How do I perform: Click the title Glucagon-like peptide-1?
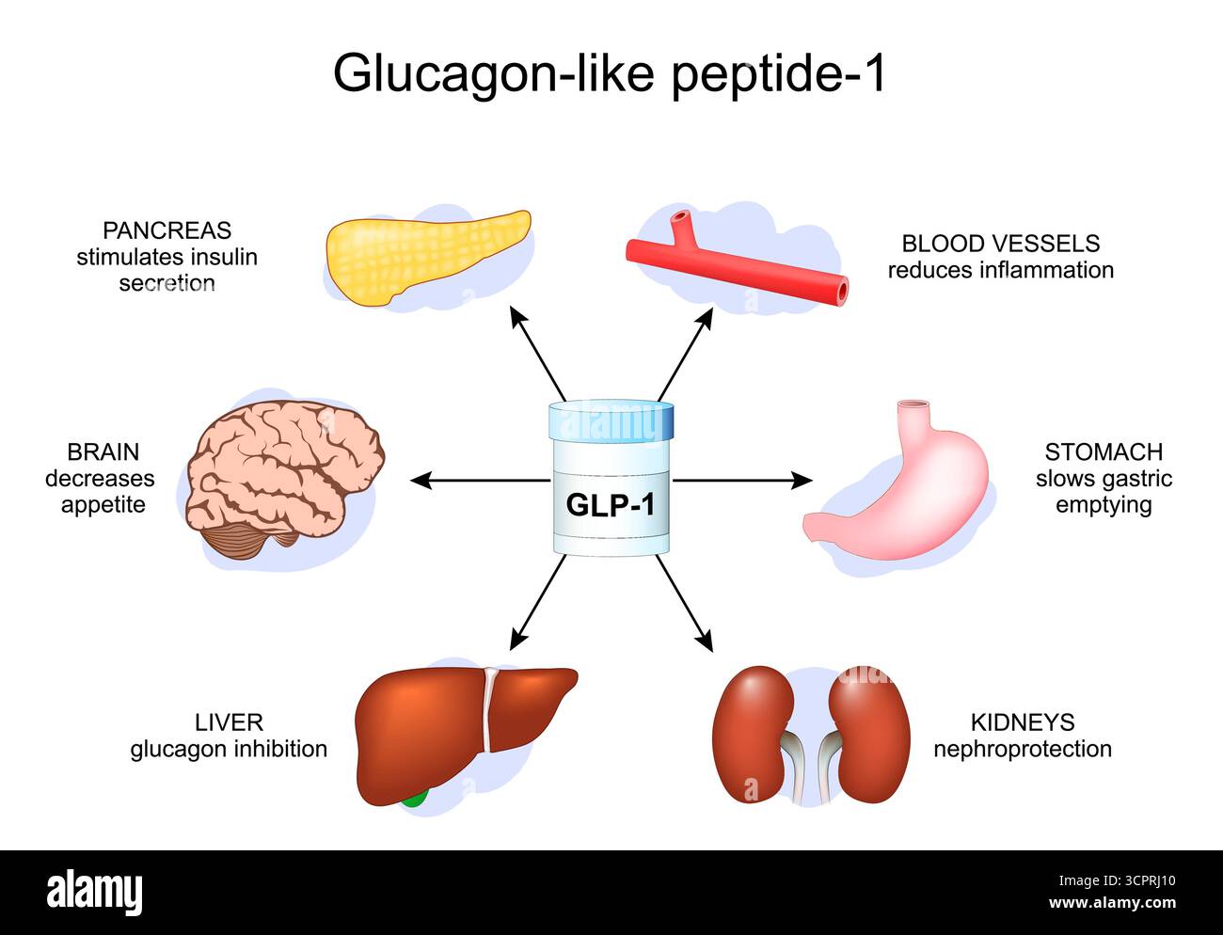(610, 72)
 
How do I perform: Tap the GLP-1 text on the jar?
(610, 505)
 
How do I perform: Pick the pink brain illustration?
(282, 475)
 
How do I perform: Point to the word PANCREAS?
(167, 230)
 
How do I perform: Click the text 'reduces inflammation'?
(1000, 270)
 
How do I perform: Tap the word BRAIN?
(103, 452)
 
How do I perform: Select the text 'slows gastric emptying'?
(1104, 491)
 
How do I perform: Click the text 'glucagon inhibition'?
(229, 749)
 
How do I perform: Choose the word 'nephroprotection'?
(1022, 749)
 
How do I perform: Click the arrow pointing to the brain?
(470, 481)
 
